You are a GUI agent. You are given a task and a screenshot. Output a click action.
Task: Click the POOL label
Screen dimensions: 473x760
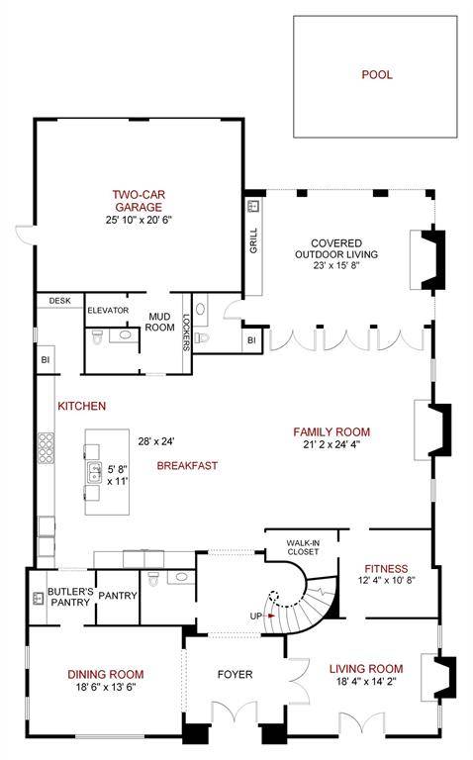pyautogui.click(x=377, y=74)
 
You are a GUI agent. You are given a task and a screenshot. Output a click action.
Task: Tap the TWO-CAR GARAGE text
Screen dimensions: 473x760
pyautogui.click(x=139, y=201)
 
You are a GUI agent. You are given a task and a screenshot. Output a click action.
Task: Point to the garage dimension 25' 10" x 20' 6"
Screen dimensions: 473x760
pyautogui.click(x=140, y=220)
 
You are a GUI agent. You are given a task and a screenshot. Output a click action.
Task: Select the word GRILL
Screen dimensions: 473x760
pyautogui.click(x=254, y=240)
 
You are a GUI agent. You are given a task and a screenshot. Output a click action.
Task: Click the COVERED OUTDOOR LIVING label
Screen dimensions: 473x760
pyautogui.click(x=336, y=248)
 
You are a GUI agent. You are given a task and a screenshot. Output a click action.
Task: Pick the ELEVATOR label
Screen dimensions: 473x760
pyautogui.click(x=108, y=310)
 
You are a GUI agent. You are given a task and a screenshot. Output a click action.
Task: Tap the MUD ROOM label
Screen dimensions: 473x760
pyautogui.click(x=159, y=322)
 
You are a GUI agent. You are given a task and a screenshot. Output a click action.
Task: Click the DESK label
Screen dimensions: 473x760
pyautogui.click(x=59, y=301)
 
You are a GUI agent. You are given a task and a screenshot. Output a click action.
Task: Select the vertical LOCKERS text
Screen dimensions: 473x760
pyautogui.click(x=186, y=332)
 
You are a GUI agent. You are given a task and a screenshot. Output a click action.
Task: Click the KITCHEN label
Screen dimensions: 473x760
pyautogui.click(x=82, y=406)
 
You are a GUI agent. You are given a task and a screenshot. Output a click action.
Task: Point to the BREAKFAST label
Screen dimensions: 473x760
pyautogui.click(x=188, y=466)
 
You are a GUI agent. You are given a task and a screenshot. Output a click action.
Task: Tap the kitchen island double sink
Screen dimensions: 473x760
pyautogui.click(x=94, y=473)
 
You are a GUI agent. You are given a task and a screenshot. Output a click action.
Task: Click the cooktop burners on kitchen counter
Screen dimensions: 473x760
pyautogui.click(x=47, y=448)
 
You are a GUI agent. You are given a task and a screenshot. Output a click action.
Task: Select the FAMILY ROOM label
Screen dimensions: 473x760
pyautogui.click(x=331, y=431)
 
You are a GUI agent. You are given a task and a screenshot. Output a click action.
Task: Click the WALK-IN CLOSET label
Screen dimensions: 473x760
pyautogui.click(x=303, y=547)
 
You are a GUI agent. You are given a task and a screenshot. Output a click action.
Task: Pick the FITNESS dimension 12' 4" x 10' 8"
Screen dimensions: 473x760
pyautogui.click(x=386, y=580)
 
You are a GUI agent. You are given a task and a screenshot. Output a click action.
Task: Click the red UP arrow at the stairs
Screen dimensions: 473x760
pyautogui.click(x=271, y=616)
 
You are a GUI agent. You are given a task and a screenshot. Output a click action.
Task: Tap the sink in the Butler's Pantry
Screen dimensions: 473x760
pyautogui.click(x=39, y=598)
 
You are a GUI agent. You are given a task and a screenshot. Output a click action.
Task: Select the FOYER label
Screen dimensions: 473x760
pyautogui.click(x=236, y=674)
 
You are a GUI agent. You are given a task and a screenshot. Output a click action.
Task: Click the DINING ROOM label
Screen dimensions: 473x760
pyautogui.click(x=106, y=674)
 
